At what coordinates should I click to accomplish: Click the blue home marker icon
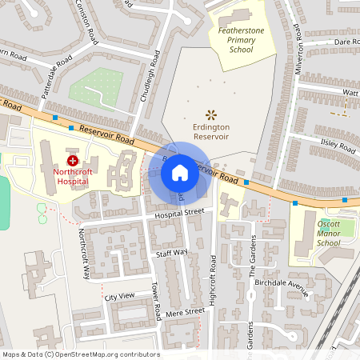coord(180,172)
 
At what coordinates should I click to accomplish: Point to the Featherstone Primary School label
coord(241,40)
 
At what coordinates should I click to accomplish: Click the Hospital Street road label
coord(179,214)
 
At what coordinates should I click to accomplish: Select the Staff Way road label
coord(171,253)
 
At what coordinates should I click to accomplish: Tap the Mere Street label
coord(179,313)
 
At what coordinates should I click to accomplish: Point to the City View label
coord(121,297)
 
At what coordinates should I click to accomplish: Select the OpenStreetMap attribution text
coord(80,354)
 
